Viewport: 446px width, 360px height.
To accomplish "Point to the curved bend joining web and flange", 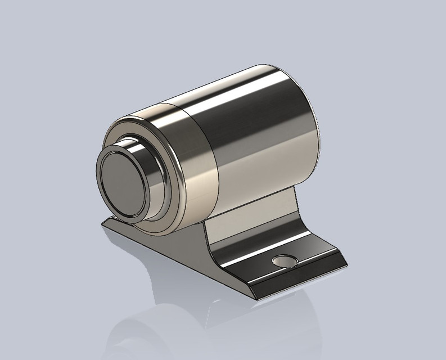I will point(217,250).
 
